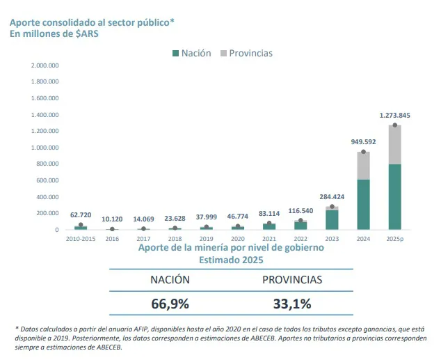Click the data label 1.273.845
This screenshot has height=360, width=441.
pos(394,116)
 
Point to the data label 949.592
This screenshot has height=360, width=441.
pos(363,141)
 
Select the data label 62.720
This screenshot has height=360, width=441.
pos(81,215)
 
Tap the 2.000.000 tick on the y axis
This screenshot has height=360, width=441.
pos(45,65)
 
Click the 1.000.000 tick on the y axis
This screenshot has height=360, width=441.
pos(45,148)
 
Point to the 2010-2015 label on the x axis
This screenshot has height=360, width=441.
pos(81,238)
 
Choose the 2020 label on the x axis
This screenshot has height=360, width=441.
pos(237,238)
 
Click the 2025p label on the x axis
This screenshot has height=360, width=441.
pos(394,238)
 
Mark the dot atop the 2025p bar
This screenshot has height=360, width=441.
pos(394,125)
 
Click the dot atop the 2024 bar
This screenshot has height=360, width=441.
pos(363,152)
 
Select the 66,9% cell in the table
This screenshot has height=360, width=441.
pos(170,304)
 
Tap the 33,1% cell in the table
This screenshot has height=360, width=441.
pos(292,304)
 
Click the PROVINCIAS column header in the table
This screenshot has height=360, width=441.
pos(292,280)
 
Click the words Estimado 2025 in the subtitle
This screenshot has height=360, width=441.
pos(231,259)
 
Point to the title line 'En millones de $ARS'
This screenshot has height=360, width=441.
pos(55,33)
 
